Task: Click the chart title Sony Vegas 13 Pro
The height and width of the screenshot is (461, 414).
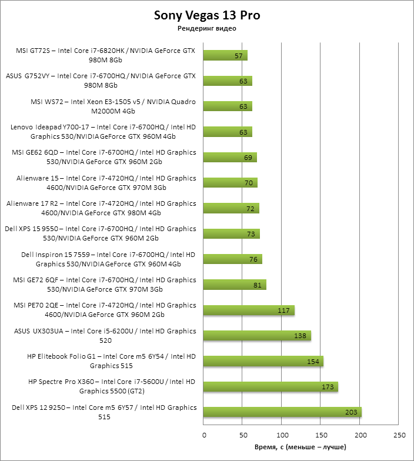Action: tap(206, 15)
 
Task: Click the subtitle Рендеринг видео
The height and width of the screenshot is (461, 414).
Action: tap(206, 28)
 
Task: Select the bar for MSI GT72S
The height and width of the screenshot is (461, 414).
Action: tap(225, 55)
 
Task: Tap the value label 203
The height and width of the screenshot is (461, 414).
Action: tap(351, 412)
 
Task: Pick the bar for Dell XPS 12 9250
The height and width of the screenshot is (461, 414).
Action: tap(282, 412)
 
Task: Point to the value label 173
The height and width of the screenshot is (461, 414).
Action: tap(328, 387)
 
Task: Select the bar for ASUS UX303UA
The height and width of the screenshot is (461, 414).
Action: tap(256, 336)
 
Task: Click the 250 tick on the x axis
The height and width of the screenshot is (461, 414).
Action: tap(399, 436)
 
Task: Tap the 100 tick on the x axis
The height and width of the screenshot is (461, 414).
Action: tap(282, 436)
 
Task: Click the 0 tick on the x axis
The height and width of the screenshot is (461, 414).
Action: tap(204, 436)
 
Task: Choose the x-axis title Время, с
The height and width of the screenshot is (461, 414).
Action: tap(301, 447)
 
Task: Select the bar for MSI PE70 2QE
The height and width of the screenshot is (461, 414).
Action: tap(248, 310)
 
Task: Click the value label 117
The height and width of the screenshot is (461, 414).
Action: tap(284, 310)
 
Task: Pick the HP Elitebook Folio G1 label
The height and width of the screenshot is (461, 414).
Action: tap(112, 361)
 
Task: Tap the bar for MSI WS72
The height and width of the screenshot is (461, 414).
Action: tap(227, 106)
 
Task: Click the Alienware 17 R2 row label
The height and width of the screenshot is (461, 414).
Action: tap(101, 208)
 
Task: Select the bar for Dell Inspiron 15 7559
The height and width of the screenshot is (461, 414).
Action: tap(232, 259)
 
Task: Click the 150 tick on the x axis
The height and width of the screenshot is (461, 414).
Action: tap(321, 436)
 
